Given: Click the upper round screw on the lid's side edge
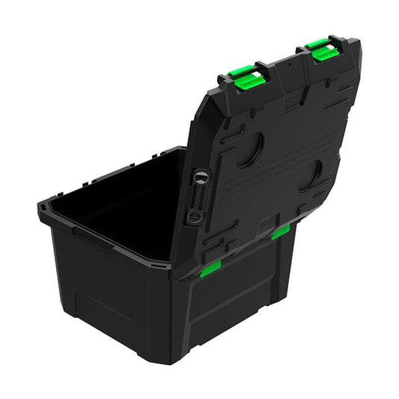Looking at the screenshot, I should click(x=200, y=178).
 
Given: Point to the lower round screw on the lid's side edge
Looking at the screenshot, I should click(x=194, y=216).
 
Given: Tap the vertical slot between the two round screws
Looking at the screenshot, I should click(x=197, y=197).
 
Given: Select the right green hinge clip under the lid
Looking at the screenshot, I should click(x=281, y=232).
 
